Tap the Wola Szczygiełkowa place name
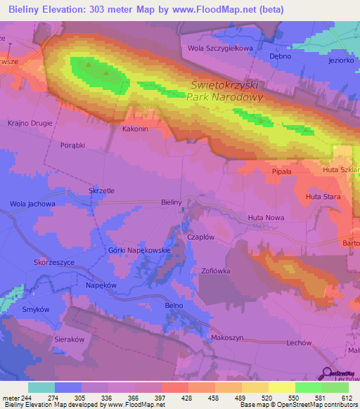[219, 48]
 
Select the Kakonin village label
[135, 129]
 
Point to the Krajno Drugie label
[31, 123]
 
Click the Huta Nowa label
[266, 219]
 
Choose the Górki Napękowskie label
[140, 250]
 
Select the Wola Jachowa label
[32, 204]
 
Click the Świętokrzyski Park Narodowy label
[225, 90]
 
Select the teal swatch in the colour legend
[41, 387]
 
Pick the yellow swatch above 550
[281, 387]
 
